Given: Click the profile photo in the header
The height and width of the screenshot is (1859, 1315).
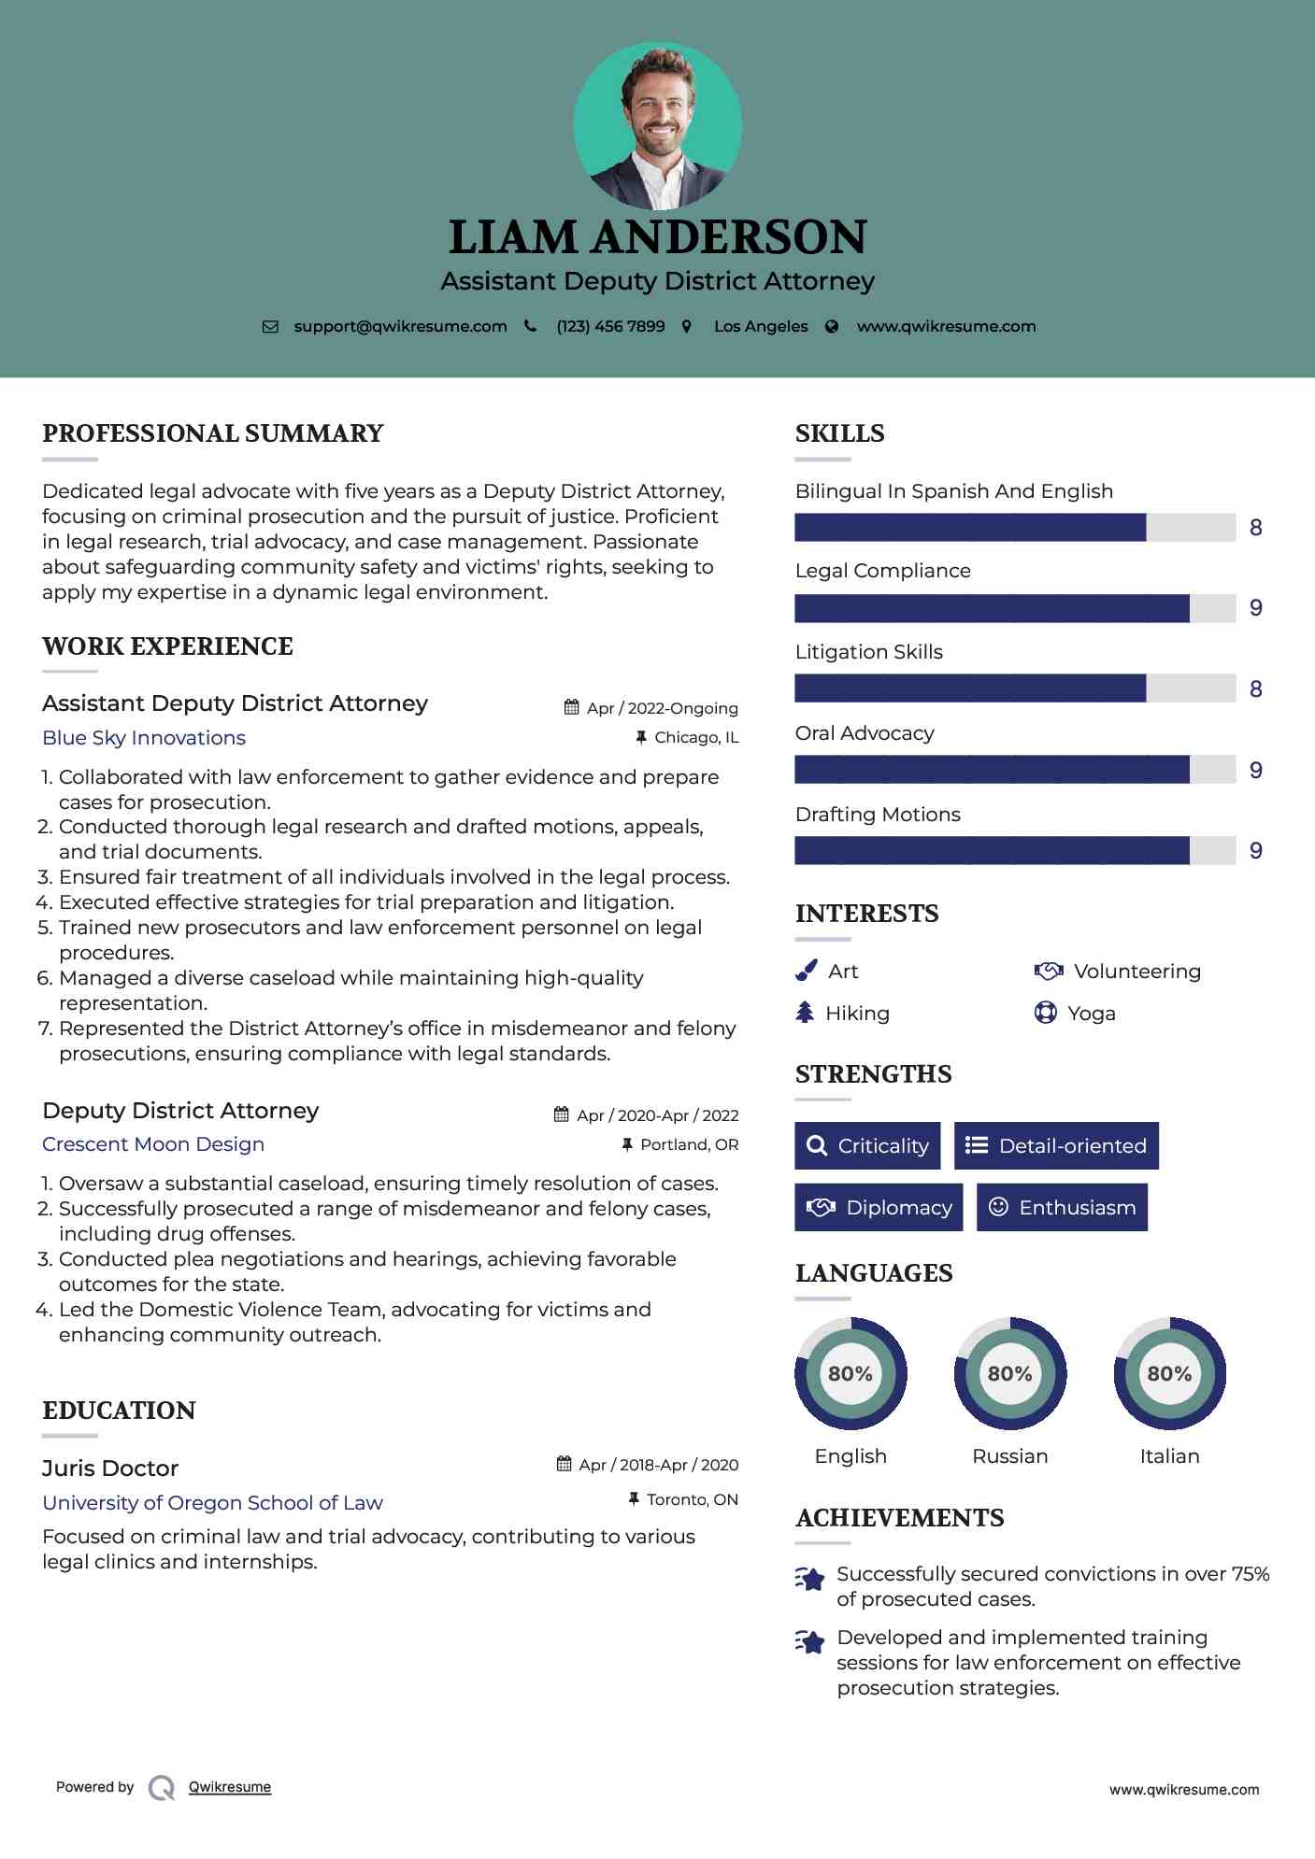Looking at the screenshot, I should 657,126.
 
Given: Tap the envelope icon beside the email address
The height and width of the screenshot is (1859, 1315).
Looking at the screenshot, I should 270,327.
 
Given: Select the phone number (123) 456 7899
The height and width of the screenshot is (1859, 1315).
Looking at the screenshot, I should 610,327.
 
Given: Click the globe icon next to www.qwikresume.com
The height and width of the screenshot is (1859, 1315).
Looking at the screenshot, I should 832,327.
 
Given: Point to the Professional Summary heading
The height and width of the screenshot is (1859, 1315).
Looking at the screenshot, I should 213,433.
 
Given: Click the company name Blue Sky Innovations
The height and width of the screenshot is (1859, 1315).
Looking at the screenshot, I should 144,738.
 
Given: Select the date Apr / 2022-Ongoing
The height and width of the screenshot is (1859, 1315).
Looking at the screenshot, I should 662,708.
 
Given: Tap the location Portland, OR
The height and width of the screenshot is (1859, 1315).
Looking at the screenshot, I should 689,1144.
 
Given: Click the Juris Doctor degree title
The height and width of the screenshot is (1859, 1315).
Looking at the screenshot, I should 110,1469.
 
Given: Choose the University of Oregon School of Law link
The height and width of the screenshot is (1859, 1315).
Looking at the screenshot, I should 212,1503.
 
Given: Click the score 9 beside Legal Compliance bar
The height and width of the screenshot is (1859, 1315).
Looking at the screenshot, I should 1256,608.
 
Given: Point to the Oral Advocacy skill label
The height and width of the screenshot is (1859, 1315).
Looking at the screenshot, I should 865,733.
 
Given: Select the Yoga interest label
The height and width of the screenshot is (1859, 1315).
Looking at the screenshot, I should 1092,1014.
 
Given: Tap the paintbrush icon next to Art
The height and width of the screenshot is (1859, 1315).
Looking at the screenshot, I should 806,972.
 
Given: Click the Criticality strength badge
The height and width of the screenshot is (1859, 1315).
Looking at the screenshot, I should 867,1146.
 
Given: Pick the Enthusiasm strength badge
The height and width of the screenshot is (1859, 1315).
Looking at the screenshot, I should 1062,1208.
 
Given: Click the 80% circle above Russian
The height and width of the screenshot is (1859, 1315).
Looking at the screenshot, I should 1010,1373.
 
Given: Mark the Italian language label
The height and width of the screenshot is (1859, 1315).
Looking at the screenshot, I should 1169,1456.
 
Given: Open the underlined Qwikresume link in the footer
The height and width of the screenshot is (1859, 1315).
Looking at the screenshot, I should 230,1787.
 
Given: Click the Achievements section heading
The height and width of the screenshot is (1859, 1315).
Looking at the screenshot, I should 900,1518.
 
